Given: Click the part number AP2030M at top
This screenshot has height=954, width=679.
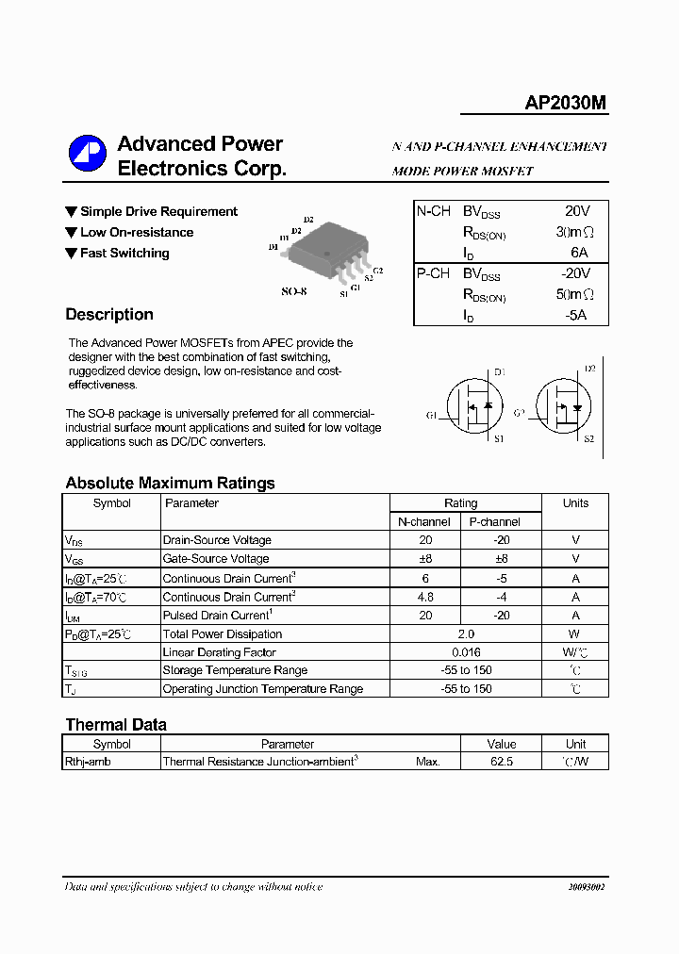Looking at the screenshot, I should coord(566,105).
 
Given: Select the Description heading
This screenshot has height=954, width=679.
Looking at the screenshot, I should coord(109,315).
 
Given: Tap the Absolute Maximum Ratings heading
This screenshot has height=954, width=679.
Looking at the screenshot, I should coord(170,483).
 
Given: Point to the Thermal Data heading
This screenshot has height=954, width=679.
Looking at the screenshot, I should coord(116,725).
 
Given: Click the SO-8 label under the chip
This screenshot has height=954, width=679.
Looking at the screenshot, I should coord(294,291).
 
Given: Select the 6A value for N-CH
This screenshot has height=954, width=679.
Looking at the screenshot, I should coord(578,253).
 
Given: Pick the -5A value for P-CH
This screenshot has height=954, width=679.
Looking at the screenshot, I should coord(576,315).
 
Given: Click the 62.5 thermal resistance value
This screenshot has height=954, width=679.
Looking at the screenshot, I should coord(502,762).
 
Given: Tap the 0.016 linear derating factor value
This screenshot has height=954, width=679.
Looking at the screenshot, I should coord(466,652).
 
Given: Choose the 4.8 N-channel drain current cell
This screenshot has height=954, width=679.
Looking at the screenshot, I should coord(425,597).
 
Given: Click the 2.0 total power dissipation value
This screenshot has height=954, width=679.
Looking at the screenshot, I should coord(466,634).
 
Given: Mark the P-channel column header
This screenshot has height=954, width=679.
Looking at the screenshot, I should coord(494,521).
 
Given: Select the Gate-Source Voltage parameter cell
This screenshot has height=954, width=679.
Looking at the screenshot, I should coord(216,559).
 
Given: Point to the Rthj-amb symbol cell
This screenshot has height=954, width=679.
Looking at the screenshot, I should coord(88,762).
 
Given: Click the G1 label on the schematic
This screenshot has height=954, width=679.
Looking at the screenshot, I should coord(431,415).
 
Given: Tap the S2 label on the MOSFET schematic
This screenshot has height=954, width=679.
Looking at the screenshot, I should coord(589,439).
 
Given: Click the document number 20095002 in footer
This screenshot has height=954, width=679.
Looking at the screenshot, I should coord(587,888).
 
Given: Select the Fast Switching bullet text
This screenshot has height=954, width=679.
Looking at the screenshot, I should coord(124,254).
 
